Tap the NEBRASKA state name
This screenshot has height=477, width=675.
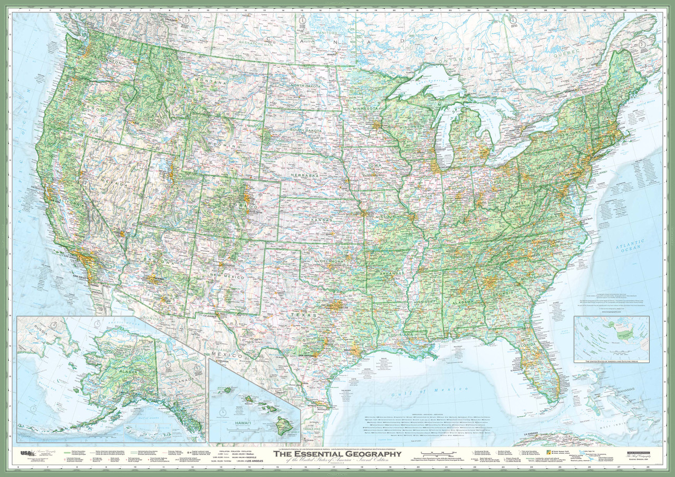[306, 175]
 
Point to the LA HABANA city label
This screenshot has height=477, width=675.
[528, 434]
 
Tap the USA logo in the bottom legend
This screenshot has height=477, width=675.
[26, 453]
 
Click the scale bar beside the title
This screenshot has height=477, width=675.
[437, 453]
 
